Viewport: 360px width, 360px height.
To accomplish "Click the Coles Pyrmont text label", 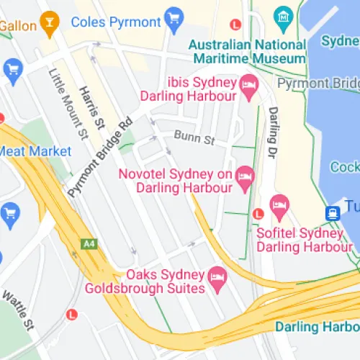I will tap(115, 21).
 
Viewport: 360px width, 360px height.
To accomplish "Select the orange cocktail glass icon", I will tap(49, 23).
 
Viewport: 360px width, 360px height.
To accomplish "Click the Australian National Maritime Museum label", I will tap(247, 51).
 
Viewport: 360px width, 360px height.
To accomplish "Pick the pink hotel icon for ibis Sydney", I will tap(249, 86).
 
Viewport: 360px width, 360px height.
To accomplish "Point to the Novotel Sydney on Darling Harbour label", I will tap(184, 181).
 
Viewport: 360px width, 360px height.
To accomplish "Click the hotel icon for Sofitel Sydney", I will tap(279, 209).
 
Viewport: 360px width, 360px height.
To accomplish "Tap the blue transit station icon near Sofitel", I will tap(332, 213).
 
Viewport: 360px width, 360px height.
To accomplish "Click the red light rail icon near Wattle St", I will tap(71, 315).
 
